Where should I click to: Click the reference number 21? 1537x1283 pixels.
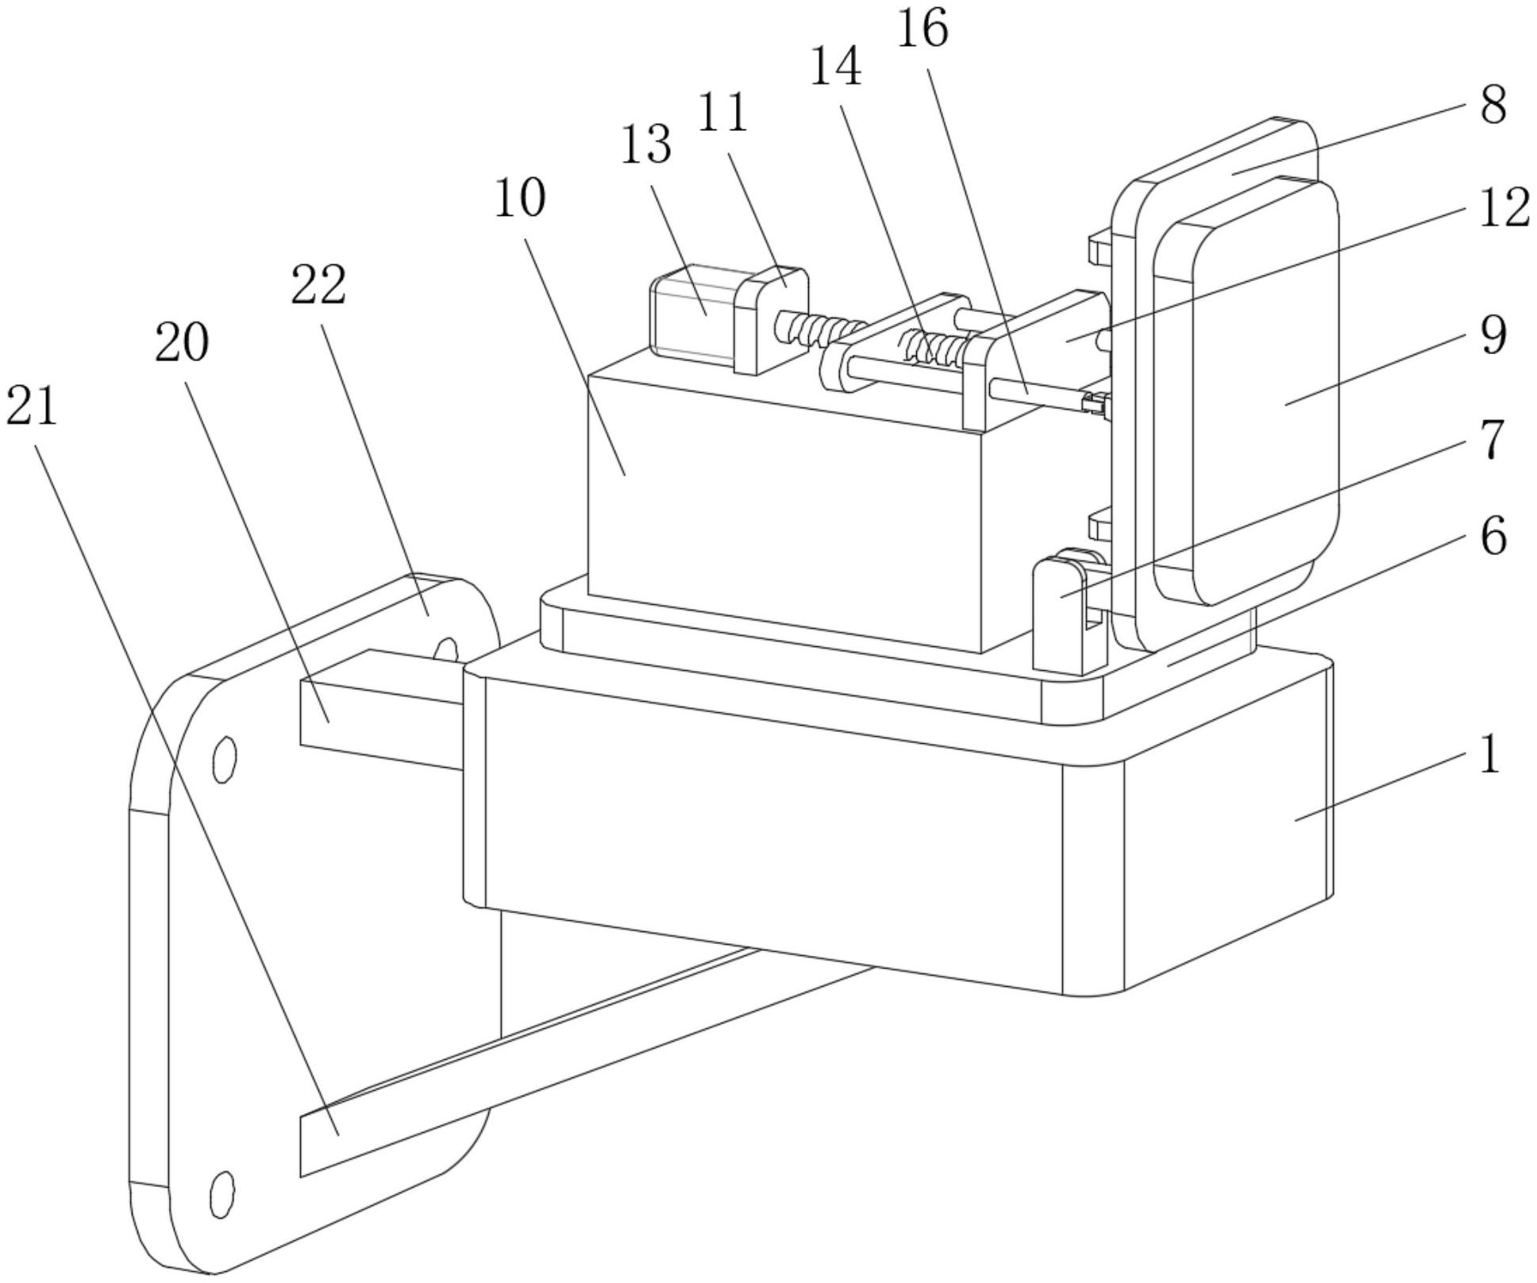click(x=32, y=406)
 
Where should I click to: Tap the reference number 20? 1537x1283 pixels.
click(x=182, y=343)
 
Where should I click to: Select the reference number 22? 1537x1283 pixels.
click(x=318, y=285)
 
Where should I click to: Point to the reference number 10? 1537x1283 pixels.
click(x=520, y=198)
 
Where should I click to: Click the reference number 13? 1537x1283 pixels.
click(x=645, y=144)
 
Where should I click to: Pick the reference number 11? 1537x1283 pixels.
click(x=722, y=112)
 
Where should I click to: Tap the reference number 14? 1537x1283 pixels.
click(x=835, y=66)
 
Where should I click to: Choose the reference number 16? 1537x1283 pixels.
click(x=922, y=29)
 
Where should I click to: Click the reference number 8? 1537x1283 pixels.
click(x=1493, y=105)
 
